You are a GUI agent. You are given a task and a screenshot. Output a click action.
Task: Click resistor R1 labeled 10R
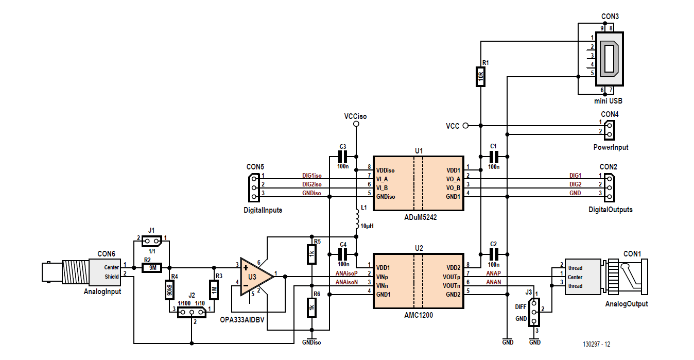pyautogui.click(x=480, y=78)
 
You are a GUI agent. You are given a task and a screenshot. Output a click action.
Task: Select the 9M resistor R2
pyautogui.click(x=152, y=267)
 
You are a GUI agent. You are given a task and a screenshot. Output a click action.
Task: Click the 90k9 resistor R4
pyautogui.click(x=169, y=290)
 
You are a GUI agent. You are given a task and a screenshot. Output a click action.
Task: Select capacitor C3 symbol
pyautogui.click(x=343, y=156)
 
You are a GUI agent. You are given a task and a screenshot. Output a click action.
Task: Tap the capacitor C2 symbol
pyautogui.click(x=494, y=253)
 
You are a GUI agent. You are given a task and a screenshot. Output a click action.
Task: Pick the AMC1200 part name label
pyautogui.click(x=419, y=315)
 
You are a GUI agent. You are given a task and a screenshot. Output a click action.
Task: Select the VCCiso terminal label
pyautogui.click(x=355, y=116)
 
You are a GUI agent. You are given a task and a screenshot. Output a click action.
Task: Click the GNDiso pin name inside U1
pyautogui.click(x=386, y=196)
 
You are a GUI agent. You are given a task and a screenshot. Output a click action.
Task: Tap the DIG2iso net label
pyautogui.click(x=311, y=184)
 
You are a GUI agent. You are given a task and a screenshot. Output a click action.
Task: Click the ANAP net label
pyautogui.click(x=493, y=273)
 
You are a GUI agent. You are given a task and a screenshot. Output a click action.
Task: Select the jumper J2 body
pyautogui.click(x=192, y=312)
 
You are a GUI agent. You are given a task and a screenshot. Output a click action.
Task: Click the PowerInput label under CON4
pyautogui.click(x=610, y=147)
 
